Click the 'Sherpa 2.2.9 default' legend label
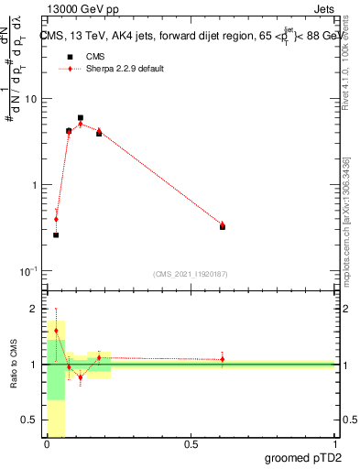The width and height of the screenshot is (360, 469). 125,69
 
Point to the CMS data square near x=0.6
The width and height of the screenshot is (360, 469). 223,226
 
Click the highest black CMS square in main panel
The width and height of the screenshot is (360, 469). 81,118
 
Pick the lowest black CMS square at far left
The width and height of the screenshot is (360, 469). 56,235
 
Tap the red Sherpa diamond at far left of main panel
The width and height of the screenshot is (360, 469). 56,219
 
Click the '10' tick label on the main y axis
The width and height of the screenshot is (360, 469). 30,99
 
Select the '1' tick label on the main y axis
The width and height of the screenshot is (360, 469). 34,185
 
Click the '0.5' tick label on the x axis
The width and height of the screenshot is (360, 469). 191,444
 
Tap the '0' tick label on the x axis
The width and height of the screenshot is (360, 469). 48,444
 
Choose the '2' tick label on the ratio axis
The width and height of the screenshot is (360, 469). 34,309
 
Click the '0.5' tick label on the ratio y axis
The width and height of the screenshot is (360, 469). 30,421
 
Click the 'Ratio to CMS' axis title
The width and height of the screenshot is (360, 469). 13,365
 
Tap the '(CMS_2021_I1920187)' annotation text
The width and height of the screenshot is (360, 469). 191,274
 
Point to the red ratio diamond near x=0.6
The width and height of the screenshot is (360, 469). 223,359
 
